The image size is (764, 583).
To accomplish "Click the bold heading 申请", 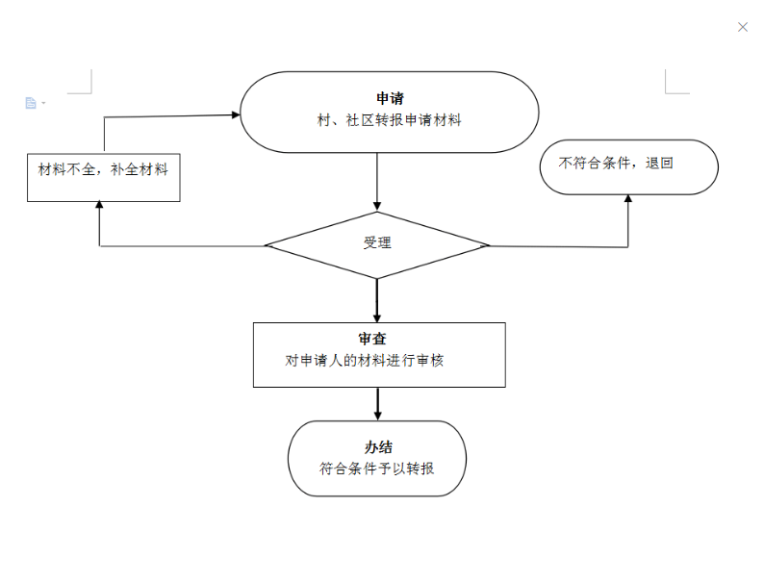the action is [x=390, y=98].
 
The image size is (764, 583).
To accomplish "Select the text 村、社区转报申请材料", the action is [x=390, y=120].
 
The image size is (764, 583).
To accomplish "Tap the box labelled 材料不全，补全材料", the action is [x=104, y=177].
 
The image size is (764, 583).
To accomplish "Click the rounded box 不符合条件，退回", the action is [x=629, y=167].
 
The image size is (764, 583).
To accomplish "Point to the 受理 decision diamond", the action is [x=376, y=245].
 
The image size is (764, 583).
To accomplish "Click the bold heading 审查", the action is [x=372, y=339].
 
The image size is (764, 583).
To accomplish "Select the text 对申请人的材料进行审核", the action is [x=365, y=361].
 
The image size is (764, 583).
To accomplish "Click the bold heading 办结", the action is [x=378, y=447].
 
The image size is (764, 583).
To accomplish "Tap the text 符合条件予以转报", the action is [x=376, y=469].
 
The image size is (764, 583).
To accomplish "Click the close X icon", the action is [x=743, y=27].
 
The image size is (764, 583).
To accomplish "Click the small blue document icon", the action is [x=31, y=103].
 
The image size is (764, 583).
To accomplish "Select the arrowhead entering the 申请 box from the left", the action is [x=236, y=114].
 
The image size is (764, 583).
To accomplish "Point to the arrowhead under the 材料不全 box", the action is [x=99, y=205].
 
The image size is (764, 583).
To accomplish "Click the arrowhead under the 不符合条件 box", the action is [x=628, y=198].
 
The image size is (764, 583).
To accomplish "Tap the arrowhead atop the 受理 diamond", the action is [x=376, y=207].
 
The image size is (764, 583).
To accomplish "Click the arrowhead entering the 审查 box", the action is [x=376, y=317].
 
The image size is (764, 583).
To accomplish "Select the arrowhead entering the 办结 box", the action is [x=377, y=416].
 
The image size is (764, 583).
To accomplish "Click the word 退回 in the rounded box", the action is [x=659, y=164].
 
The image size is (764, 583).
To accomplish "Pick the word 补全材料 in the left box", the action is [x=140, y=169].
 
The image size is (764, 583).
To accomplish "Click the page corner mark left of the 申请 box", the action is [x=80, y=82].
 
